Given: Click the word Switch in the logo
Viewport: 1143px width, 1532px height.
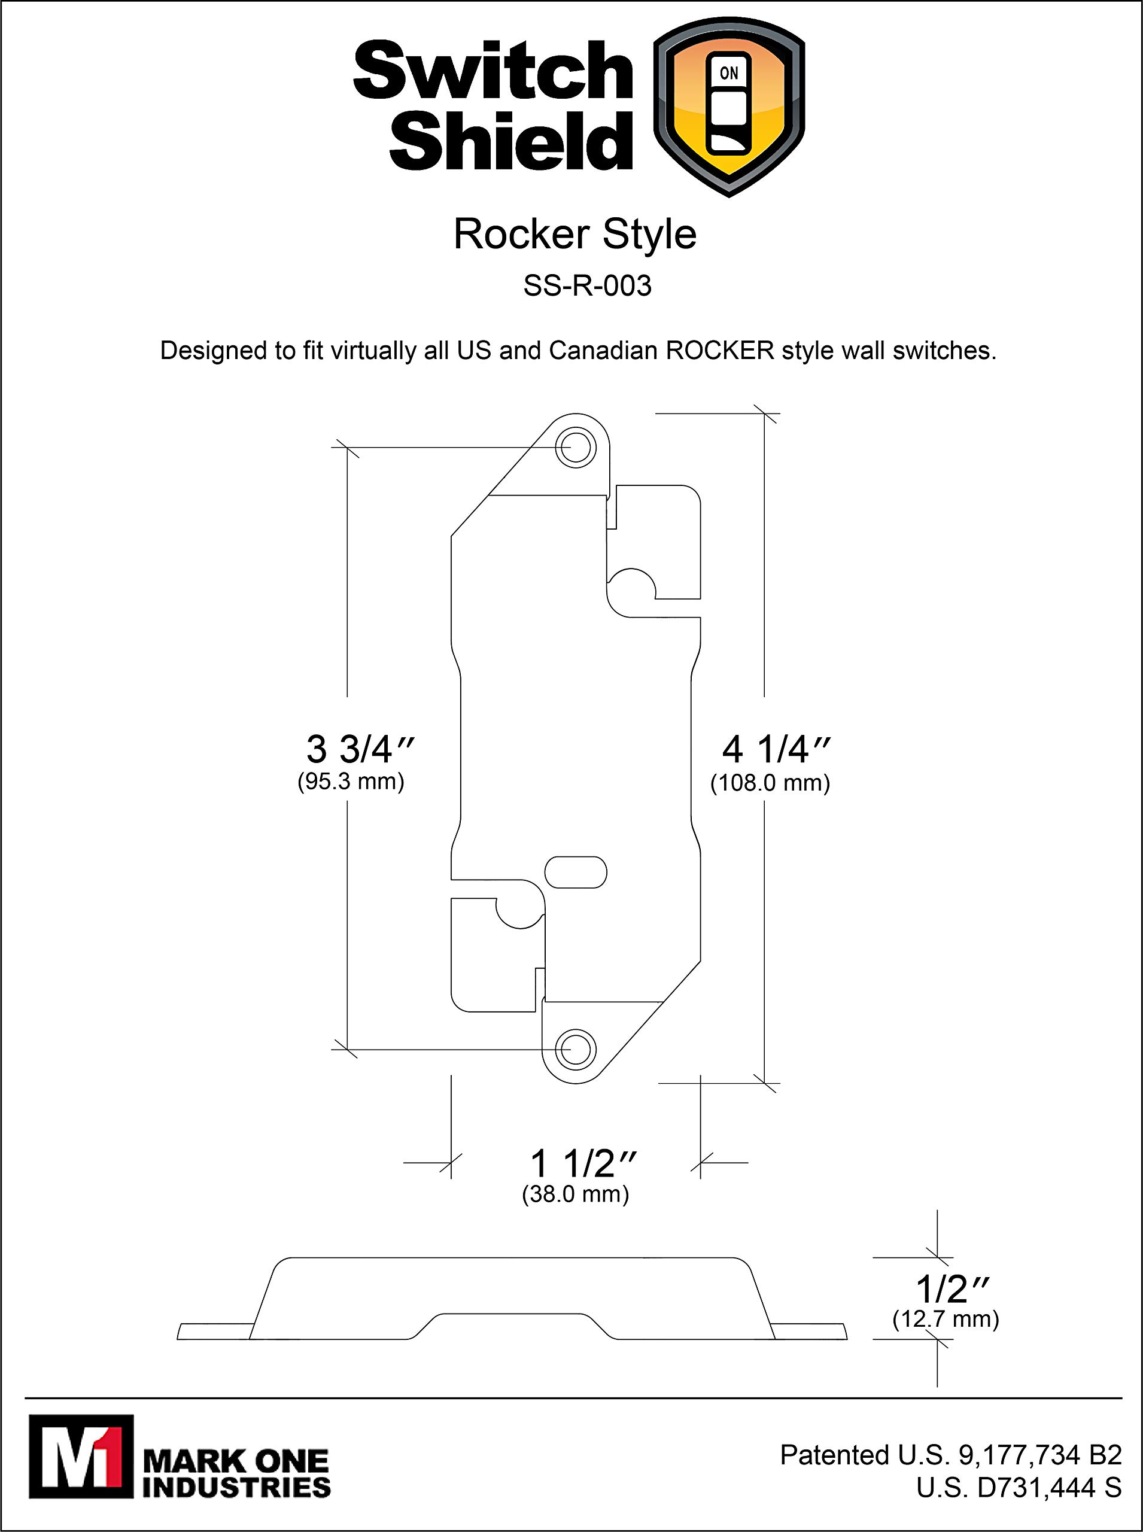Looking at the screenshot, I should click(x=493, y=71).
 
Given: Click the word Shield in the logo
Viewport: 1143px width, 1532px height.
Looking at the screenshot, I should click(x=510, y=140).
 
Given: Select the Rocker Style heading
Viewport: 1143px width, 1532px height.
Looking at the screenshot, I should click(x=574, y=235).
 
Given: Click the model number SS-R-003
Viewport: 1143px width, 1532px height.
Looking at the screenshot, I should click(x=586, y=286).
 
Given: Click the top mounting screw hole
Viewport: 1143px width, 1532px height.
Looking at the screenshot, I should click(x=576, y=448).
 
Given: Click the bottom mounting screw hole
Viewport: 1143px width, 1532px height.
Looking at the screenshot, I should click(x=576, y=1049).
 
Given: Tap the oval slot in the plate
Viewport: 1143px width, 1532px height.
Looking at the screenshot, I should click(x=576, y=872).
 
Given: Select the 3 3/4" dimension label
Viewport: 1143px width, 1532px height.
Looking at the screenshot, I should click(x=360, y=749).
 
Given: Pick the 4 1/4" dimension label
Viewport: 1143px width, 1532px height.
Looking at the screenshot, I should click(x=776, y=749).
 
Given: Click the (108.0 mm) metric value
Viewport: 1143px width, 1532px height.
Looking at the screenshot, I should click(x=770, y=783).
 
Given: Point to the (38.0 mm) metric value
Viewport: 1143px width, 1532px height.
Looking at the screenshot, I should click(x=575, y=1195).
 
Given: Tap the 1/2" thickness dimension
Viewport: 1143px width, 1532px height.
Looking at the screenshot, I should click(x=952, y=1289).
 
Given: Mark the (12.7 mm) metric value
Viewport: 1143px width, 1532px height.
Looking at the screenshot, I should click(x=945, y=1320).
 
